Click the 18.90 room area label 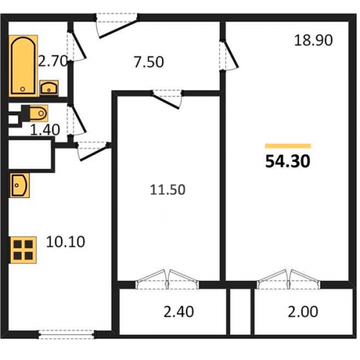(313, 40)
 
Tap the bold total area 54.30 (288, 161)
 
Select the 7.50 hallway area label (149, 62)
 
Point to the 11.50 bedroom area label (168, 189)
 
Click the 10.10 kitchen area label (66, 242)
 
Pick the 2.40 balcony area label (179, 312)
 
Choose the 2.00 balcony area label (303, 312)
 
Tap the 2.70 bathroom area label (53, 61)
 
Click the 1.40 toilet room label (45, 130)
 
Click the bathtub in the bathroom (23, 66)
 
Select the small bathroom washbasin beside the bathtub (49, 87)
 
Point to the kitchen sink (19, 185)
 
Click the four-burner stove (23, 250)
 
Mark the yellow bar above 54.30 (288, 146)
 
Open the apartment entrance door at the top (117, 26)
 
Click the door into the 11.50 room (167, 99)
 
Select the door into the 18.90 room (228, 55)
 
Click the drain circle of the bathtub (23, 89)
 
